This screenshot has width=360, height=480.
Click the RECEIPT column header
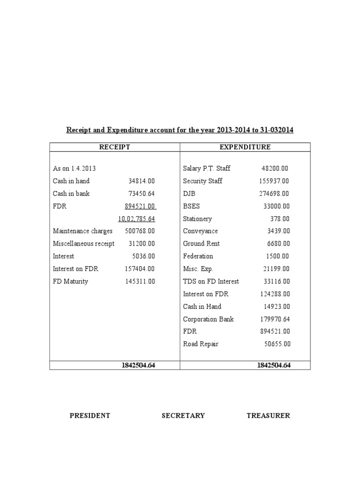click(114, 147)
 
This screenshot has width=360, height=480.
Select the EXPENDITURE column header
click(245, 147)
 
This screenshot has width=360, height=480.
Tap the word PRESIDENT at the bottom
click(90, 415)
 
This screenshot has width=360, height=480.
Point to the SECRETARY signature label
click(183, 415)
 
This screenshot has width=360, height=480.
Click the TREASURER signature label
click(268, 415)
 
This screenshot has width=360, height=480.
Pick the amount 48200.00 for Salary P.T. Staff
click(275, 168)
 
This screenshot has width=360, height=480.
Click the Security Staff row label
click(202, 181)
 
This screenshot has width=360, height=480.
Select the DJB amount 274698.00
click(274, 194)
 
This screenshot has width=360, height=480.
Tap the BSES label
click(191, 206)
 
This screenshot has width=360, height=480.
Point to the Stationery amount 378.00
click(280, 219)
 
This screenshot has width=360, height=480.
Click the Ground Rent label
click(201, 244)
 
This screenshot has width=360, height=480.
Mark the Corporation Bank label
click(208, 319)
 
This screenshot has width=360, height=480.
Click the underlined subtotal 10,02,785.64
click(136, 219)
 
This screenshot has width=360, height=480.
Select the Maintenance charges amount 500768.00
click(140, 231)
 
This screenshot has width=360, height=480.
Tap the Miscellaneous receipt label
click(83, 244)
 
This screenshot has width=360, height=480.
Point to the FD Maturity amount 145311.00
click(140, 282)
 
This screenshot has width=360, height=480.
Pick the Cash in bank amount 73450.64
click(142, 194)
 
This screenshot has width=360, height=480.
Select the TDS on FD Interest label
click(211, 282)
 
